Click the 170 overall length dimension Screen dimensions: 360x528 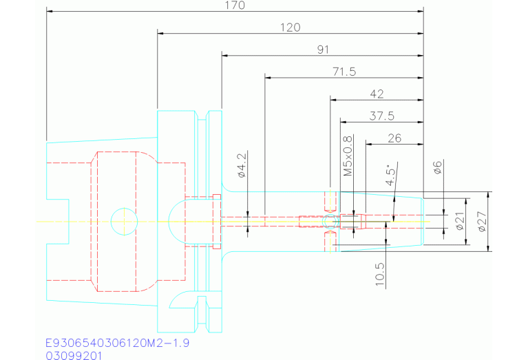point(234,6)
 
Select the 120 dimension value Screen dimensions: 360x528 point(291,28)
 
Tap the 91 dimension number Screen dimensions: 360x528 point(323,50)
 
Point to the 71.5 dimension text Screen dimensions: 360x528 point(344,72)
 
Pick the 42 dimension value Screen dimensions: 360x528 point(377,94)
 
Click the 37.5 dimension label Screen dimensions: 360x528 point(381,116)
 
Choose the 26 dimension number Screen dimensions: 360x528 point(394,138)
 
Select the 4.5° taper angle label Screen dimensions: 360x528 point(392,176)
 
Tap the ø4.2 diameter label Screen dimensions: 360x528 point(242,166)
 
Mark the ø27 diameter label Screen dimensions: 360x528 point(482,222)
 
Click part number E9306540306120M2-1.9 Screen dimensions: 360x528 point(117,342)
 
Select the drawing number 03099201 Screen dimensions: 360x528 point(74,355)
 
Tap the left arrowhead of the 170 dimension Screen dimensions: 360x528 point(50,11)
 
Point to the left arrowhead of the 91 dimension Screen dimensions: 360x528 point(225,55)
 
